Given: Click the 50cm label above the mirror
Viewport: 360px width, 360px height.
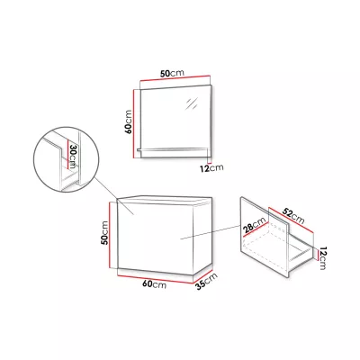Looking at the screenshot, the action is (x=172, y=73).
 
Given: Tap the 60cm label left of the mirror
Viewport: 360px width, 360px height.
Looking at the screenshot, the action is (x=129, y=121).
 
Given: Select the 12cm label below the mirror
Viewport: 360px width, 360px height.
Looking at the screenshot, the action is (x=211, y=168).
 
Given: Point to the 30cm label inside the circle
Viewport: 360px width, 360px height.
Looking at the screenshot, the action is (x=72, y=157).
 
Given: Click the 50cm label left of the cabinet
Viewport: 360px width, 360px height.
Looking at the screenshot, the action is (x=104, y=233).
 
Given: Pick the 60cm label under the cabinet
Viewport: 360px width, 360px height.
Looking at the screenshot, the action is (x=155, y=284).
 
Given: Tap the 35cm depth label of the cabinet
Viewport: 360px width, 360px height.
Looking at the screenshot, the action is (x=206, y=282).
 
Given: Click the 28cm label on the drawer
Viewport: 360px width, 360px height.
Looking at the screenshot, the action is (x=255, y=225).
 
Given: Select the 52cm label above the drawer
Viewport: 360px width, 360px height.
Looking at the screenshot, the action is (x=293, y=216).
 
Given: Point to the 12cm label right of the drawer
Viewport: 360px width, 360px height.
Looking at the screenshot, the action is (x=323, y=258).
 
